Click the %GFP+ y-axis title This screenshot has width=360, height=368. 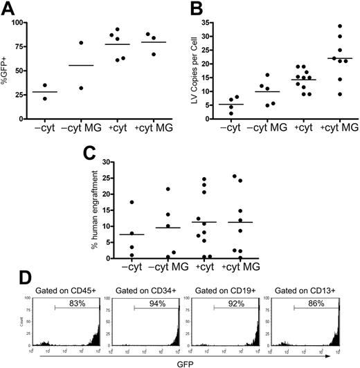click(8, 64)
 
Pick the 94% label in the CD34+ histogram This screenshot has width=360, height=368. click(150, 304)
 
